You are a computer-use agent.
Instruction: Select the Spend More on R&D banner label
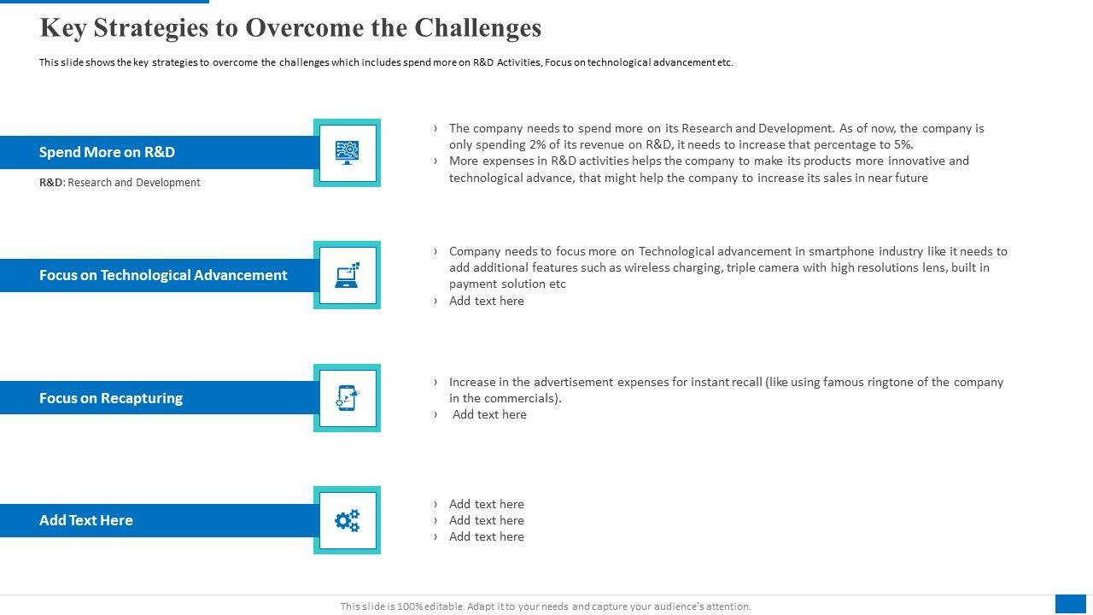click(x=107, y=152)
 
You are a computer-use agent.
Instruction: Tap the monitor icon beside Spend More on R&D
click(x=347, y=152)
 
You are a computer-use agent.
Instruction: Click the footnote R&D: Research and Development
click(x=120, y=183)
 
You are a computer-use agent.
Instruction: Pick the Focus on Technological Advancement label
click(x=163, y=275)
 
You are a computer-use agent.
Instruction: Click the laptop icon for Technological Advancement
click(x=347, y=275)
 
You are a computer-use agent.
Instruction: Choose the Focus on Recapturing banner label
click(x=111, y=398)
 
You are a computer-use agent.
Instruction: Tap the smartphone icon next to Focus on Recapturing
click(x=347, y=398)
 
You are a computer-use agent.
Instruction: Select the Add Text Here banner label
click(x=86, y=520)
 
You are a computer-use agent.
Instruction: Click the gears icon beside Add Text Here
click(x=347, y=520)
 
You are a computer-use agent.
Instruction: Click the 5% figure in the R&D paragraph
click(x=903, y=144)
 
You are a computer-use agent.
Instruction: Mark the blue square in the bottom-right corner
click(x=1070, y=603)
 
